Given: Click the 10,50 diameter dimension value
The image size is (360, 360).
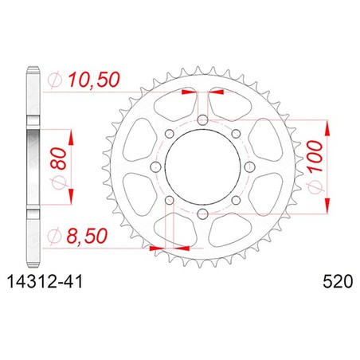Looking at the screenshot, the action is [x=94, y=80].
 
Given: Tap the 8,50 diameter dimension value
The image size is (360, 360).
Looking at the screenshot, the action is [x=87, y=236].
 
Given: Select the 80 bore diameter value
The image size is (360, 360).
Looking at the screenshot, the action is [x=58, y=158].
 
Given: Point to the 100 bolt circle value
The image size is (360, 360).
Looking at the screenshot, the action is [x=315, y=156].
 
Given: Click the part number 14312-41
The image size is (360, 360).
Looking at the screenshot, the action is [x=45, y=281].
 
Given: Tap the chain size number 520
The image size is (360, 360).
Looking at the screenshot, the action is [x=338, y=281].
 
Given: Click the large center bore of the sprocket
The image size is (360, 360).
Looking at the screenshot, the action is [x=202, y=167].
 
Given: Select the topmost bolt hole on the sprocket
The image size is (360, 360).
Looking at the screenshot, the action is [x=202, y=120].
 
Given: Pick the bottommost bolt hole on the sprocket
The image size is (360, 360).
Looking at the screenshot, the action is [x=202, y=213].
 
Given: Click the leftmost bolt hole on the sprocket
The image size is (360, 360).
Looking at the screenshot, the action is [x=155, y=167].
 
